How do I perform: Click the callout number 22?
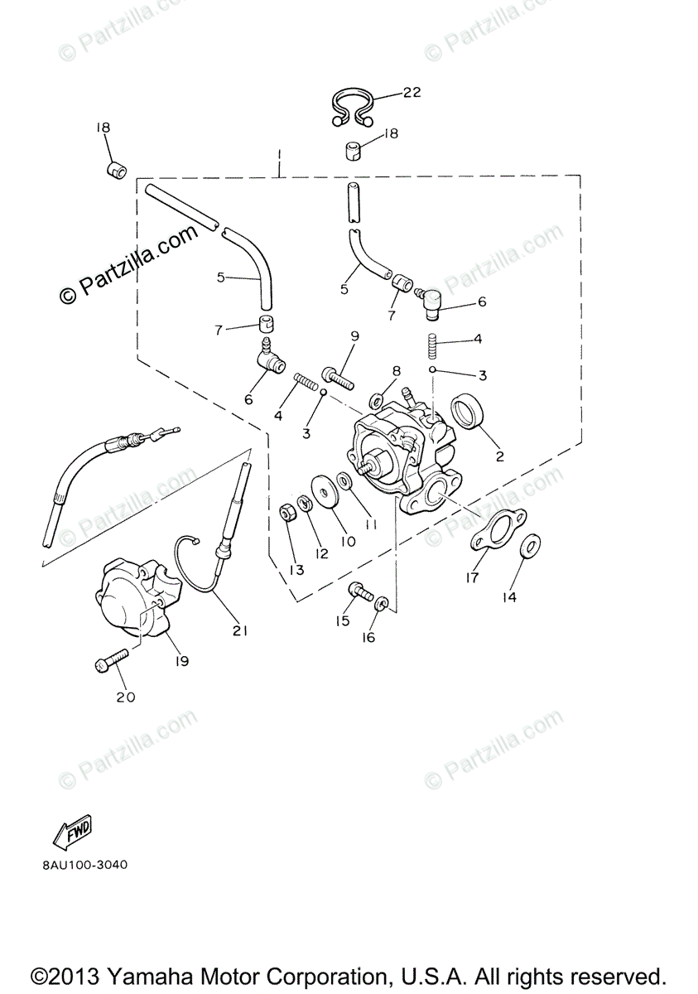click(412, 93)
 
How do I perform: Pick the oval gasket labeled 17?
click(493, 532)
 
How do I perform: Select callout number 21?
click(240, 631)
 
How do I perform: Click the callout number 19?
click(181, 661)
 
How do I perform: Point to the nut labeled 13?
click(287, 514)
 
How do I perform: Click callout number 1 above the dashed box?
click(280, 154)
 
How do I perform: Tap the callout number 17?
click(472, 578)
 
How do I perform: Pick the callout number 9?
click(354, 335)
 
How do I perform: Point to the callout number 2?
click(499, 456)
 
